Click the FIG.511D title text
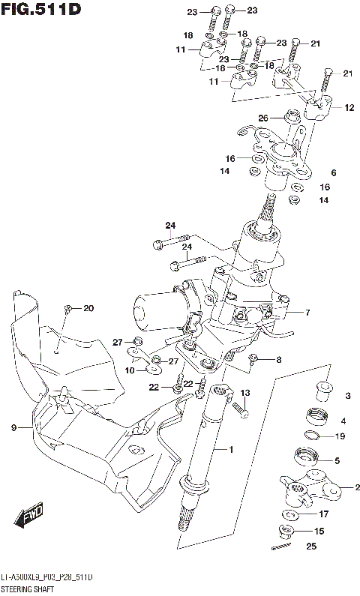tap(40, 9)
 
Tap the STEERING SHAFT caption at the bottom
tap(31, 589)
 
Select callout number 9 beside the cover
tap(13, 427)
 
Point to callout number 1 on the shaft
tap(232, 449)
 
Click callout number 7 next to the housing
tap(307, 312)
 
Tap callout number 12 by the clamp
tap(349, 108)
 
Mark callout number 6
tap(333, 172)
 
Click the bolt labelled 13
tap(240, 409)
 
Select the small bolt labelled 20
tap(67, 309)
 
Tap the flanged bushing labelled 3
tap(320, 391)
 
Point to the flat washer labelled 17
tap(289, 515)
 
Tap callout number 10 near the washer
tap(129, 370)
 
